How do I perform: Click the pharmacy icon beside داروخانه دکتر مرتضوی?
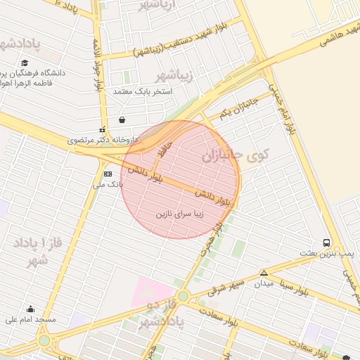pyautogui.click(x=102, y=129)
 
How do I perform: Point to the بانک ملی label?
pyautogui.click(x=108, y=185)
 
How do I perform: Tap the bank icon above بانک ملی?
pyautogui.click(x=108, y=174)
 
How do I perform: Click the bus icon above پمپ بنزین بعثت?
pyautogui.click(x=326, y=243)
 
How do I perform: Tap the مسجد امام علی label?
pyautogui.click(x=30, y=319)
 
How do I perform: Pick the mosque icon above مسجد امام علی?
pyautogui.click(x=30, y=309)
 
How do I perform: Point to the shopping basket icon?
pyautogui.click(x=123, y=120)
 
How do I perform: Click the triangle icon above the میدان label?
pyautogui.click(x=264, y=273)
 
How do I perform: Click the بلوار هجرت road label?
pyautogui.click(x=211, y=243)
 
